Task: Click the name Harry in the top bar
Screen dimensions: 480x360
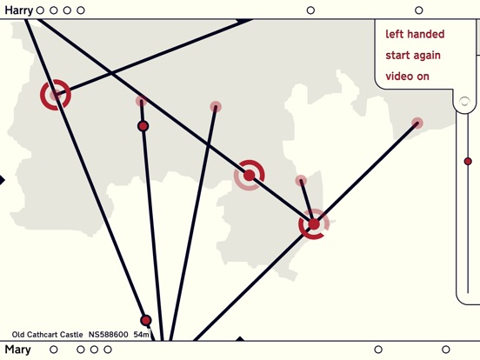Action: [x=18, y=10]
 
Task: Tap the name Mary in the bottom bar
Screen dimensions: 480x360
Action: [x=17, y=350]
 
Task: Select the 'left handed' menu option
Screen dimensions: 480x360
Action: [x=415, y=34]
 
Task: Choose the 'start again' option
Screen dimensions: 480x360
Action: [x=413, y=56]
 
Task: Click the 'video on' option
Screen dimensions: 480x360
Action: [x=407, y=77]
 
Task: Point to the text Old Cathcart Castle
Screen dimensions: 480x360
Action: [x=48, y=335]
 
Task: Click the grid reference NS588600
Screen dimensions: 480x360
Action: [x=109, y=335]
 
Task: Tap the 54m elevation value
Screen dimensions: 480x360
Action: [x=141, y=335]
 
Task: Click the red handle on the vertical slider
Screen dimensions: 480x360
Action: [x=468, y=162]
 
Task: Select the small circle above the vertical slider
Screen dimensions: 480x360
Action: [x=464, y=102]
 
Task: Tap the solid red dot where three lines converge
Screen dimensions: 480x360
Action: [x=314, y=224]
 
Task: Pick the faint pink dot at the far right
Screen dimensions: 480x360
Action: [x=417, y=123]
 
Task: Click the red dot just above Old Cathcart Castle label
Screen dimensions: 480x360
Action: [x=146, y=321]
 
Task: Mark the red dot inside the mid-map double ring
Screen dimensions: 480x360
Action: [x=250, y=176]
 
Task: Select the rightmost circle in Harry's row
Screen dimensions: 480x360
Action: [x=419, y=10]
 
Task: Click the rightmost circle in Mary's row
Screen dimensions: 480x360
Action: [x=446, y=350]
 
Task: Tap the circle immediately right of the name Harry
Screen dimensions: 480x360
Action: [x=40, y=10]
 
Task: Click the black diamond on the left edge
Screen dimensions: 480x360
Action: [x=2, y=180]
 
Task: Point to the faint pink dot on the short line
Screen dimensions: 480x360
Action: [x=301, y=181]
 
